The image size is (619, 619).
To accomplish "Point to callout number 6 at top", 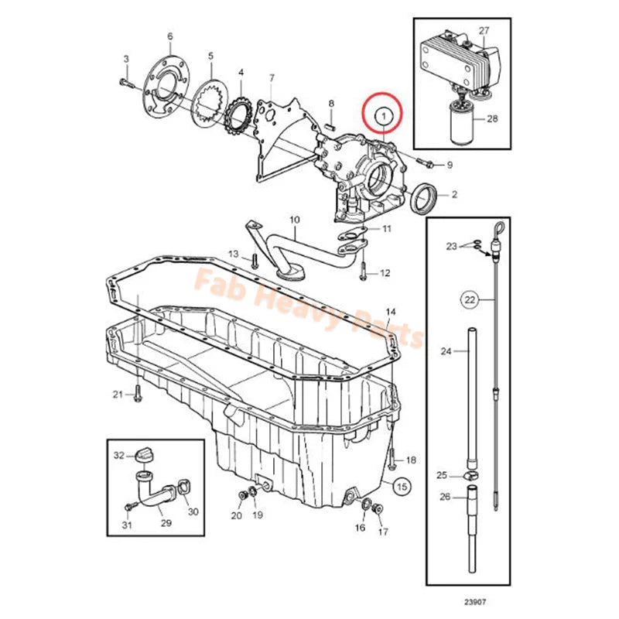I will (169, 36).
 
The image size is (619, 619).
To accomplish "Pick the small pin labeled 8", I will (330, 119).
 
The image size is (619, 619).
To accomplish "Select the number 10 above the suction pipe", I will (294, 221).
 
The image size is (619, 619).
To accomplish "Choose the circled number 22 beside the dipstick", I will (469, 298).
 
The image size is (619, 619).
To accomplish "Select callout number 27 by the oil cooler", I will (484, 31).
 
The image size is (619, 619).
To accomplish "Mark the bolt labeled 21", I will (138, 395).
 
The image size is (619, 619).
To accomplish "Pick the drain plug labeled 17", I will (379, 509).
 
